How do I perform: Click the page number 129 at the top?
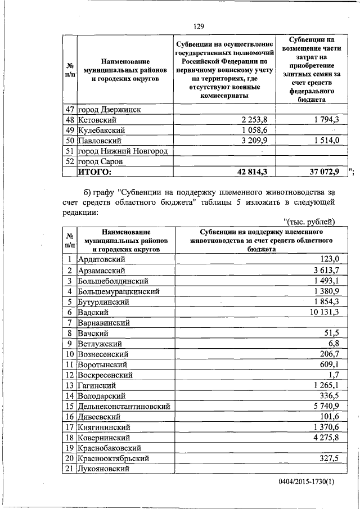point(198,26)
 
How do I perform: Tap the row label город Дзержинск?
point(109,109)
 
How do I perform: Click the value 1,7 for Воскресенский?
point(334,375)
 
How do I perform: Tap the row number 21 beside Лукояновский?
point(69,469)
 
